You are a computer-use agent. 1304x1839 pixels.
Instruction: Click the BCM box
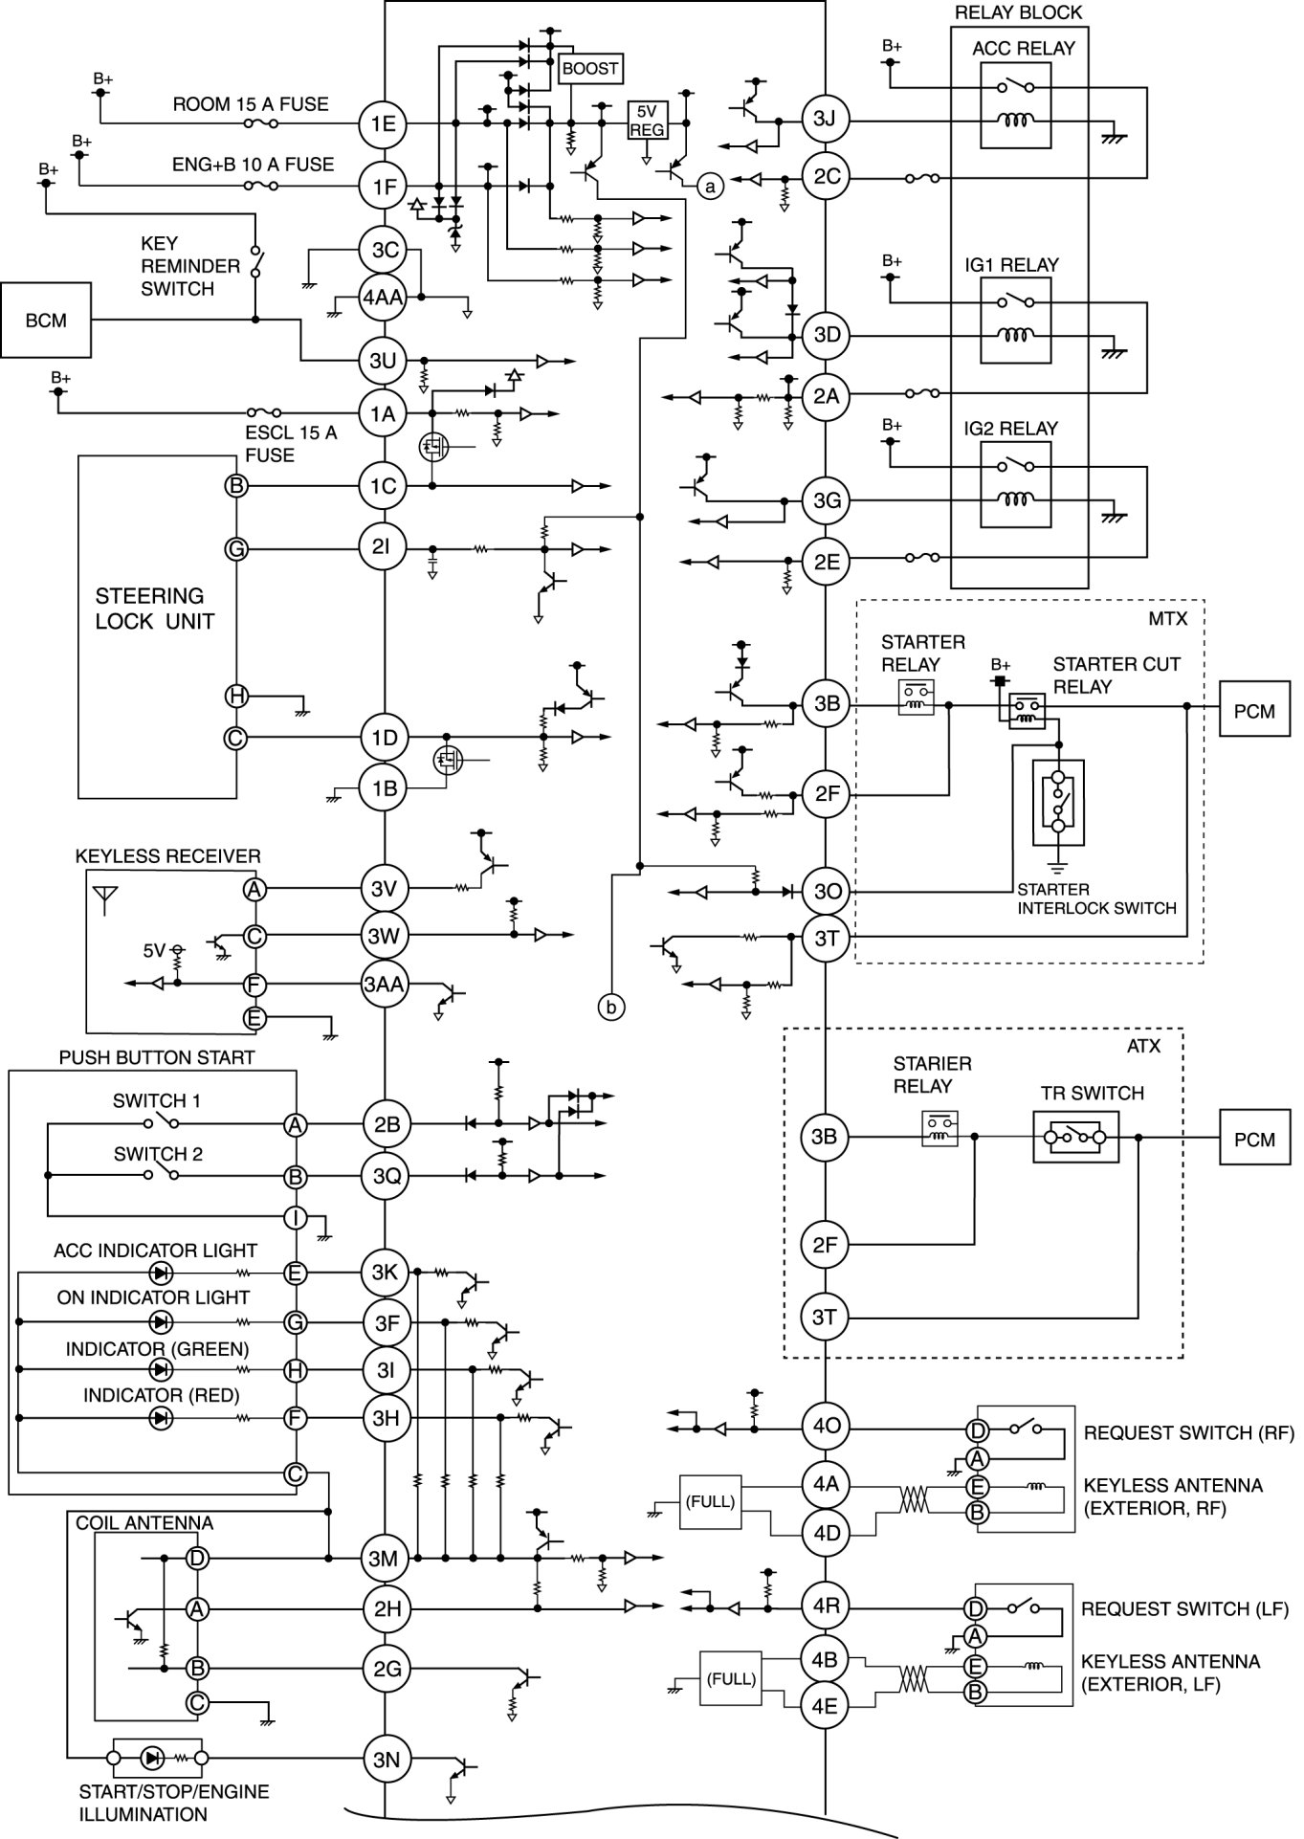tap(47, 320)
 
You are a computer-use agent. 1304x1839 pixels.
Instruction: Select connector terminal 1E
tap(384, 123)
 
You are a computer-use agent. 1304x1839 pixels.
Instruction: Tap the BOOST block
tap(590, 69)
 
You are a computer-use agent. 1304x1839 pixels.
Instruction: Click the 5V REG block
tap(647, 120)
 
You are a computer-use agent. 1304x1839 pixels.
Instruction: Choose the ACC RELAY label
tap(1024, 48)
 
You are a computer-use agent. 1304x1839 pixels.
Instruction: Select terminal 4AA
tap(384, 298)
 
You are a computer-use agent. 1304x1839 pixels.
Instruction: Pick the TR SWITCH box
tap(1076, 1137)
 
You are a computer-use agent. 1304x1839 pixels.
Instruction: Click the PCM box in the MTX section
tap(1254, 712)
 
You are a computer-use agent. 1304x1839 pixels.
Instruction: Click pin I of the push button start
tap(296, 1218)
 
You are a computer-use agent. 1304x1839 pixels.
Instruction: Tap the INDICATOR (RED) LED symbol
tap(161, 1417)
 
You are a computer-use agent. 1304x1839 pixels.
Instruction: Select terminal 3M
tap(384, 1559)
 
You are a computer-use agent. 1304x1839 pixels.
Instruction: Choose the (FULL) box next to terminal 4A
tap(710, 1501)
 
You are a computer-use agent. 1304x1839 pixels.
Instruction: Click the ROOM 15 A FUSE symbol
tap(261, 123)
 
